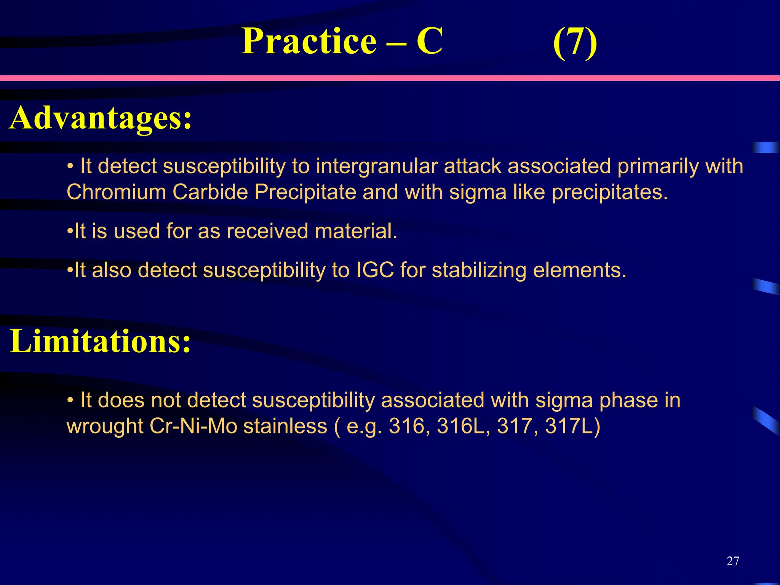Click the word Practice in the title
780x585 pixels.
pyautogui.click(x=309, y=41)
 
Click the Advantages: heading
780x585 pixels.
pyautogui.click(x=101, y=118)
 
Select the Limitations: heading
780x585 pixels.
pyautogui.click(x=100, y=341)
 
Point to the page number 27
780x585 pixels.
pyautogui.click(x=733, y=561)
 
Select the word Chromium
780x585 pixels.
pyautogui.click(x=116, y=192)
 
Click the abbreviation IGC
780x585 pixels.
pyautogui.click(x=375, y=270)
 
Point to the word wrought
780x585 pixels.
pyautogui.click(x=105, y=426)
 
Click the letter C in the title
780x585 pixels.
pyautogui.click(x=429, y=41)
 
